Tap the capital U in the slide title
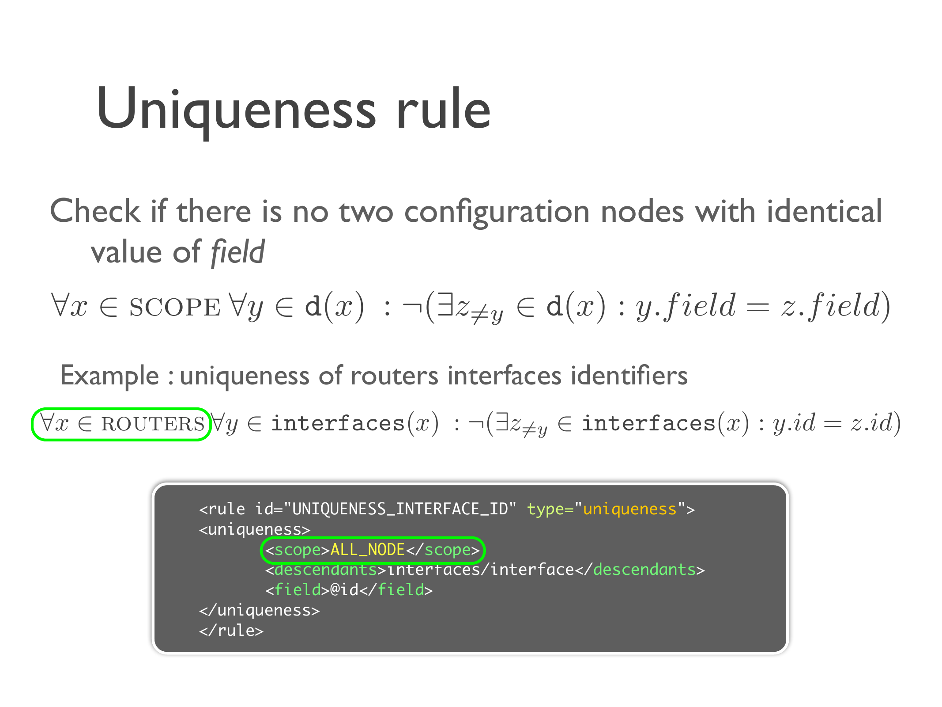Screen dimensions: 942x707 (x=116, y=108)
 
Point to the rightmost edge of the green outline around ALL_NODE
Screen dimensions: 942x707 (x=484, y=550)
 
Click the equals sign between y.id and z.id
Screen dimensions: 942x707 (x=833, y=424)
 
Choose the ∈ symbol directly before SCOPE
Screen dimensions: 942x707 (x=109, y=308)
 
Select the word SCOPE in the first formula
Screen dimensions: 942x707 (x=175, y=308)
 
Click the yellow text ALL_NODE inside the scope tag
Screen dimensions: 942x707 (x=368, y=550)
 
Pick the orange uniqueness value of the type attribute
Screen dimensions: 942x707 (x=630, y=509)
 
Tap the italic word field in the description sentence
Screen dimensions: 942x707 (x=238, y=252)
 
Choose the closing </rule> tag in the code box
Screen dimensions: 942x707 (x=231, y=631)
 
